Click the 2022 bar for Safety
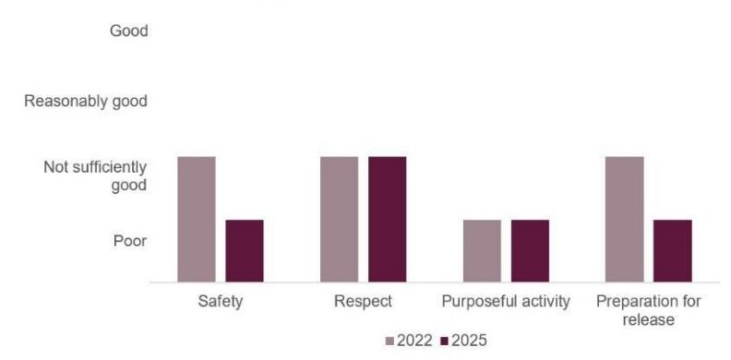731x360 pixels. tap(197, 220)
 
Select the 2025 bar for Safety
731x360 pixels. tap(245, 251)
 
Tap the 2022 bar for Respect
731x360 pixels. tap(339, 220)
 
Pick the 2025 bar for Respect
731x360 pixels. tap(387, 220)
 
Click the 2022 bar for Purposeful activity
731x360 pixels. tap(482, 251)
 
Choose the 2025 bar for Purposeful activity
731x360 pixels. tap(530, 251)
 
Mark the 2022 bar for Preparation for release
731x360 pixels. tap(624, 220)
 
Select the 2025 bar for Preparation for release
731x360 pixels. tap(672, 251)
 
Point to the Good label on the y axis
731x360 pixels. tap(128, 31)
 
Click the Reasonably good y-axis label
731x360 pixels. tap(86, 101)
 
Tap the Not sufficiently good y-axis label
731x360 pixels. tap(95, 175)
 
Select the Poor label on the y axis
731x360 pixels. tap(130, 241)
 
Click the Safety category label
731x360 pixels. tap(221, 302)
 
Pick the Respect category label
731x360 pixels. tap(363, 302)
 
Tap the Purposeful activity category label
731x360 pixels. tap(506, 302)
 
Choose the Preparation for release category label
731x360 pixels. tap(648, 310)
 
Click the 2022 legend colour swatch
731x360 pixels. tap(390, 341)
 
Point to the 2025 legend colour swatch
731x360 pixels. tap(445, 341)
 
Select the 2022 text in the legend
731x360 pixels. tap(414, 341)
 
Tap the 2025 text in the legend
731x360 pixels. tap(469, 341)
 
